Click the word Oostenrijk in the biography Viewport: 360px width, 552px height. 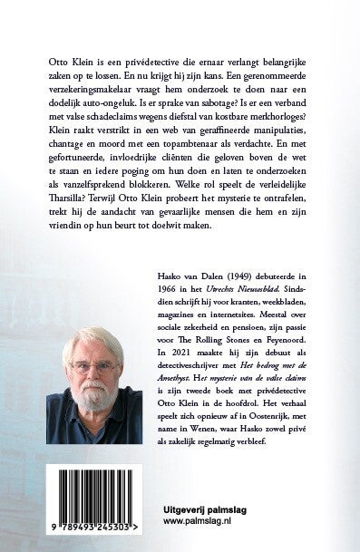coord(268,437)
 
